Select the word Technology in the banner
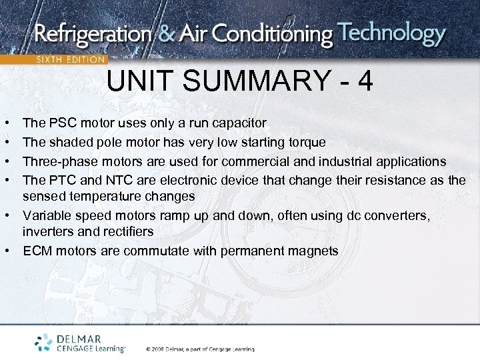coord(391,33)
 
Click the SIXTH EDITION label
coord(70,59)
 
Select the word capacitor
coord(240,123)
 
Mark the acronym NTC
coord(114,180)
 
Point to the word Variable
coord(44,215)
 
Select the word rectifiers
coord(127,231)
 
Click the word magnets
coord(314,251)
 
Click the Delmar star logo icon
coord(45,341)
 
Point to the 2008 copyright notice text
coord(200,349)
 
